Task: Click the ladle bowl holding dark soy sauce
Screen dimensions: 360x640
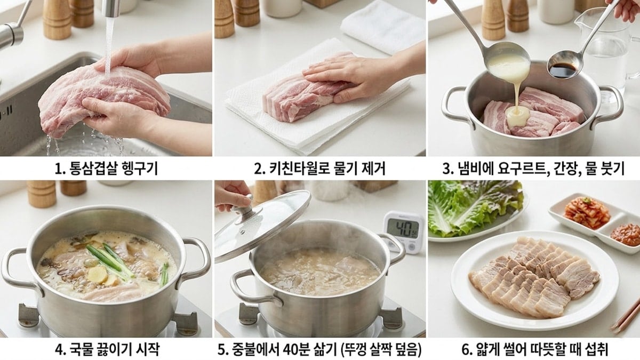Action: [x=563, y=69]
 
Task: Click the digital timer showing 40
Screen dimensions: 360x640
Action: [x=404, y=230]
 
